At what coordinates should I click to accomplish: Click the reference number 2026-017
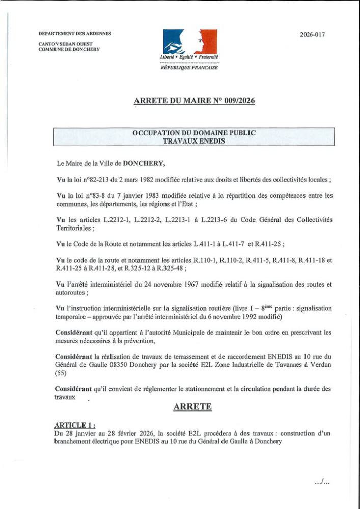tap(312, 35)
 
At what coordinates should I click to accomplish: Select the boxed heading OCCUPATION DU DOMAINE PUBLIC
tap(194, 133)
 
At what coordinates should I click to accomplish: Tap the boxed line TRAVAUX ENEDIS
tap(194, 141)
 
